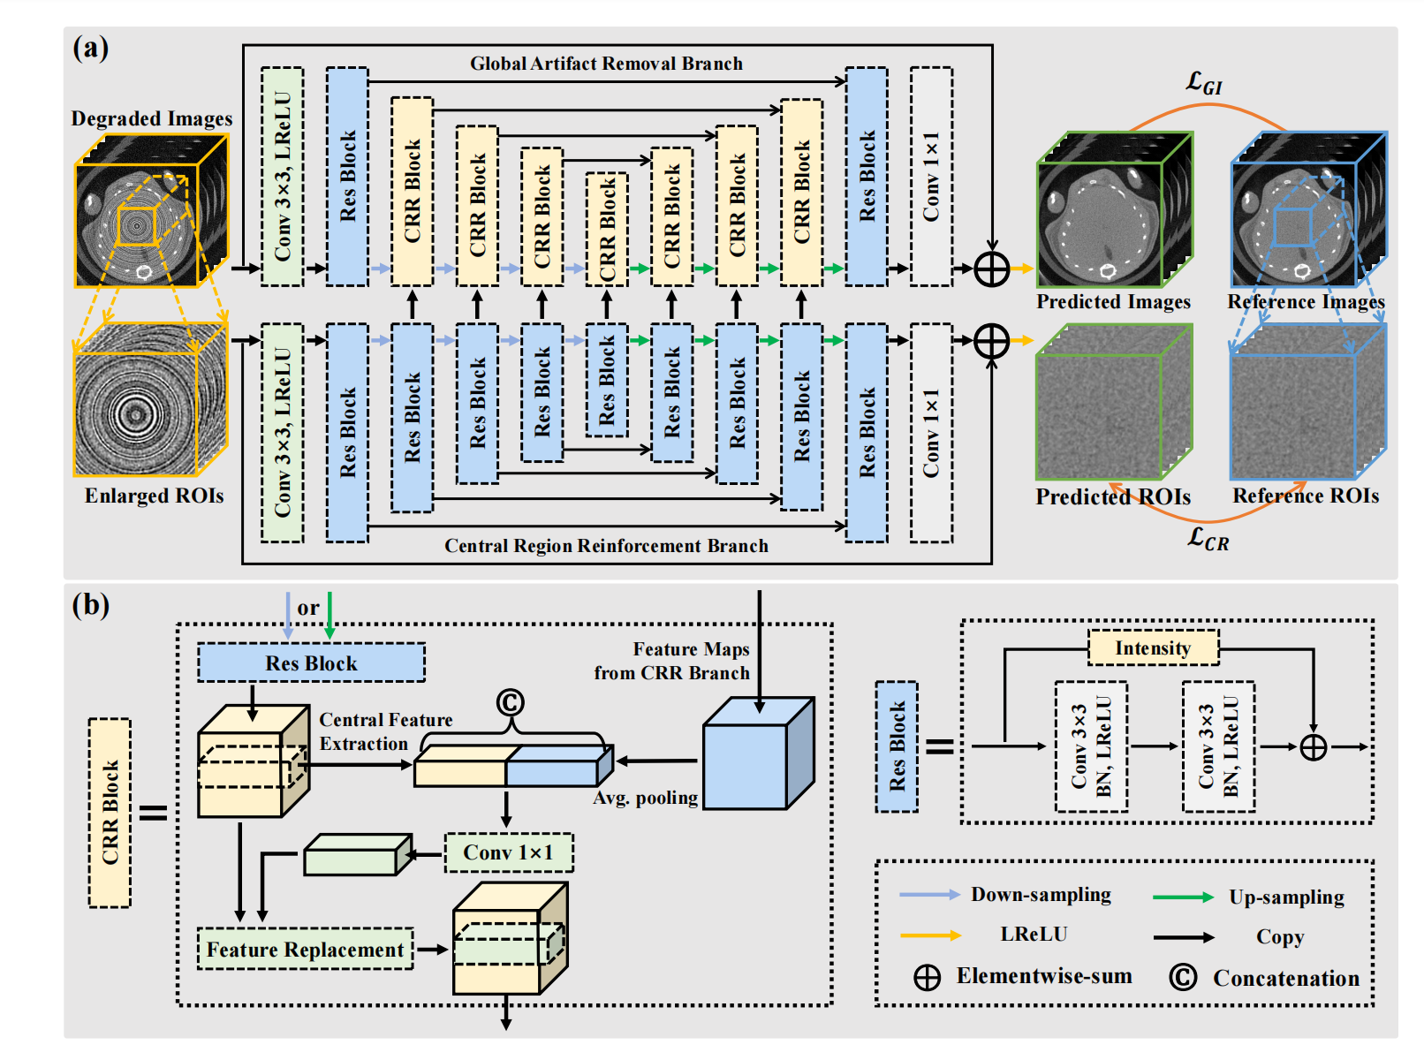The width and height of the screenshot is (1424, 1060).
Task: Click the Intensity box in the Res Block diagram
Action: pos(1153,648)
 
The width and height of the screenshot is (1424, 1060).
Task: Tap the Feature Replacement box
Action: pos(305,950)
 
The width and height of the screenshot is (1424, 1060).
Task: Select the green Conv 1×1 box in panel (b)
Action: pos(509,852)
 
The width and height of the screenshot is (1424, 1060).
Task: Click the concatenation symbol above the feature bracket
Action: pos(510,702)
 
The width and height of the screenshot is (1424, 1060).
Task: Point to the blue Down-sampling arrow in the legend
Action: pos(929,895)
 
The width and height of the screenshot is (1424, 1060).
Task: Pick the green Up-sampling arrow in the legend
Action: pos(1183,897)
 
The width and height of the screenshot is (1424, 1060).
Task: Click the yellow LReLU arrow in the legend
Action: pos(930,935)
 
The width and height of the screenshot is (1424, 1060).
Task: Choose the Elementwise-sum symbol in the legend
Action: pos(927,978)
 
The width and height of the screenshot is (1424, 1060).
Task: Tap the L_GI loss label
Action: pos(1204,84)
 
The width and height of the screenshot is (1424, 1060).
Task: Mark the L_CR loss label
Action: pos(1208,538)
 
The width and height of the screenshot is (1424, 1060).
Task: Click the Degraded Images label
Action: pos(152,118)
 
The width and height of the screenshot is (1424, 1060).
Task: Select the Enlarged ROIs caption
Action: pos(155,496)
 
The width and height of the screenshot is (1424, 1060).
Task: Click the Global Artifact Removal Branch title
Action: pos(606,64)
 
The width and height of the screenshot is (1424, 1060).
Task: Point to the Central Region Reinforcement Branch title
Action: pos(606,546)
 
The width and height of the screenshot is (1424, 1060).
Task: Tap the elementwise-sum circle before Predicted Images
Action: pos(991,269)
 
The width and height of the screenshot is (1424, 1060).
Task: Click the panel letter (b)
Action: pos(91,605)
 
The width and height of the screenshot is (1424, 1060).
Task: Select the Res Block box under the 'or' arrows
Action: pos(311,663)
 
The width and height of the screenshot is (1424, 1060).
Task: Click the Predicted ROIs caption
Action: pos(1113,497)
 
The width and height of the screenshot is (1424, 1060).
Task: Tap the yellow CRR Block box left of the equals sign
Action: pos(110,813)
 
